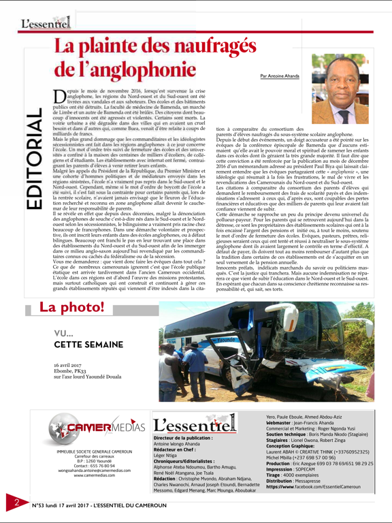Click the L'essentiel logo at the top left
coord(46,23)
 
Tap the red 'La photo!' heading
coord(72,307)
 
